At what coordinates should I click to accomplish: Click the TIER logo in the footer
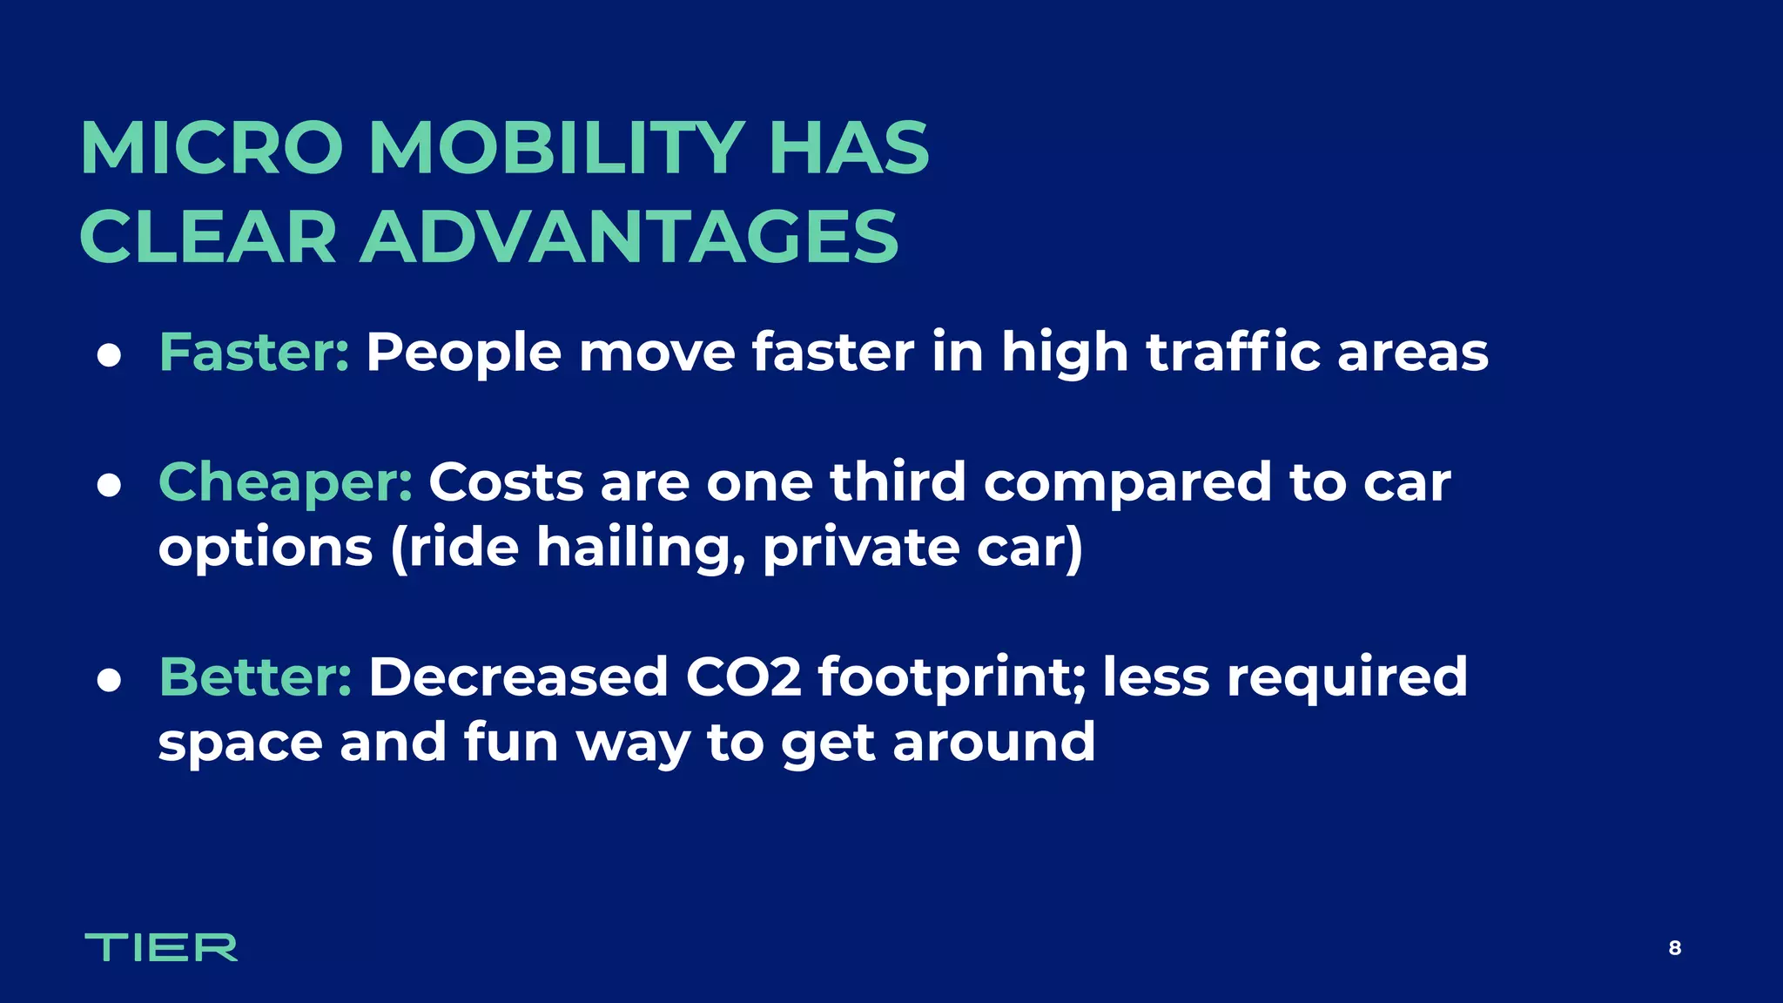161,947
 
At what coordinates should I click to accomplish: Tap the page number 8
1674,948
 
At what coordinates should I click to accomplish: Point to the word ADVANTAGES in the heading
629,237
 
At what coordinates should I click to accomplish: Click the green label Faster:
253,353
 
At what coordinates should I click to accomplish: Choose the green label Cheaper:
286,482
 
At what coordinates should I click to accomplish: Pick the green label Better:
255,677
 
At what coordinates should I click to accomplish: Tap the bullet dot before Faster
109,356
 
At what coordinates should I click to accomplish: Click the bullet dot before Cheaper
109,486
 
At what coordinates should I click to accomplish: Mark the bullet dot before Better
109,681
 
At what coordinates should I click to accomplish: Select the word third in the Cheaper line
898,482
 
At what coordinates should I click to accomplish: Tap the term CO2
743,677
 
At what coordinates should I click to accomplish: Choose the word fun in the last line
510,743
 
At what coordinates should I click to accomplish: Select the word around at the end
993,743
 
